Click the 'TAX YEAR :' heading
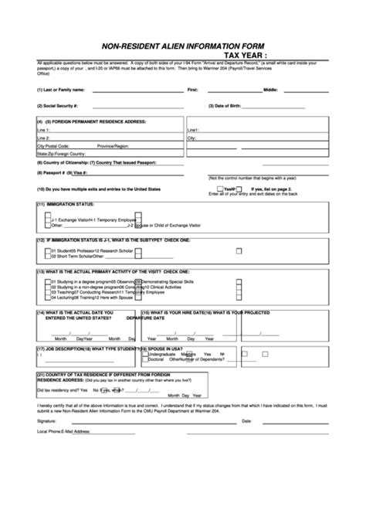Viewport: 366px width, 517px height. pos(246,56)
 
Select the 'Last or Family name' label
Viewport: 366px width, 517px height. pos(63,90)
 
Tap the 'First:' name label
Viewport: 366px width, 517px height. pos(193,90)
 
